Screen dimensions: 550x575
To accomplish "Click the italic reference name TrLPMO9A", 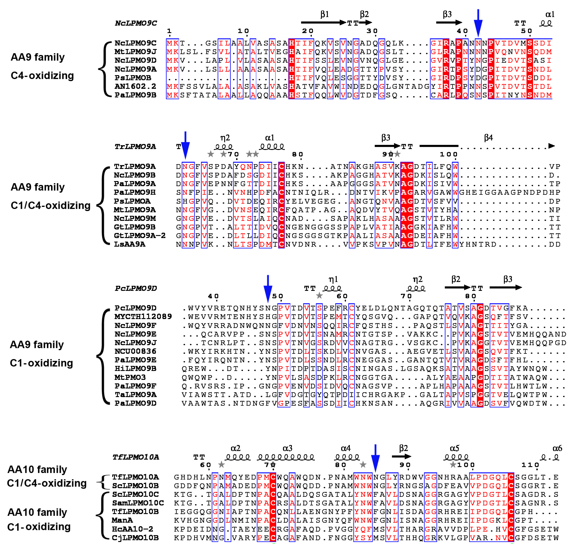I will click(135, 147).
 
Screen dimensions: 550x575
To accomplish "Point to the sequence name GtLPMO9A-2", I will click(140, 236).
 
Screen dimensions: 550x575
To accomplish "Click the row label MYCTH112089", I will click(143, 317).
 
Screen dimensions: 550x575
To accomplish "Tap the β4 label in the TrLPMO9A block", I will click(489, 138).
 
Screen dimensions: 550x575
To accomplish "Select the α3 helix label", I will click(288, 449).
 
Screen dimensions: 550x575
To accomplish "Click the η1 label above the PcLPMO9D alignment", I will click(333, 279).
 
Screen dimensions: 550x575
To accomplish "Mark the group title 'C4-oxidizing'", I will click(42, 76).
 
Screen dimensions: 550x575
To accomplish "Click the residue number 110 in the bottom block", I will click(530, 465).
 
